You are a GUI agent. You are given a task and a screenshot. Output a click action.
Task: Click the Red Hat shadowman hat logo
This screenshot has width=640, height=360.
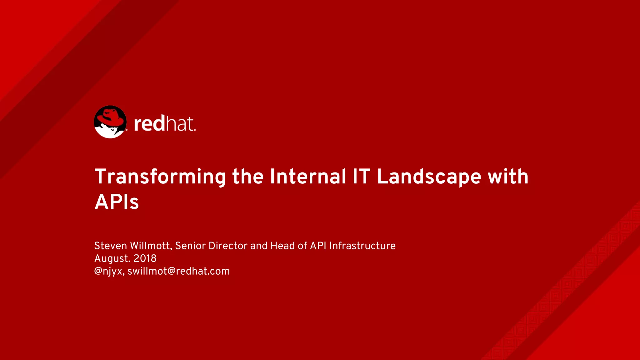pyautogui.click(x=110, y=122)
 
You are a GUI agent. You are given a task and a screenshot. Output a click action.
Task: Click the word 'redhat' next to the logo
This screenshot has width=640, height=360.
pyautogui.click(x=164, y=123)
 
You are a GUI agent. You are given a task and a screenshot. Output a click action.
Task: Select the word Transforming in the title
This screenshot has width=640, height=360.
pyautogui.click(x=160, y=177)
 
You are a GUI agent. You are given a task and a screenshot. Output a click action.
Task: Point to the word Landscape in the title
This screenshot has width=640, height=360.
pyautogui.click(x=429, y=177)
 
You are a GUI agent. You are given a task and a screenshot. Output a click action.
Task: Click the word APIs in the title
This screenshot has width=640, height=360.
pyautogui.click(x=117, y=202)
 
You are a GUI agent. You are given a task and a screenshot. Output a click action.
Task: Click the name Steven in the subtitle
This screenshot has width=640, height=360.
pyautogui.click(x=110, y=246)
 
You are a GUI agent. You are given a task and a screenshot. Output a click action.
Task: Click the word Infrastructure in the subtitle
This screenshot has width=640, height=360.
pyautogui.click(x=362, y=246)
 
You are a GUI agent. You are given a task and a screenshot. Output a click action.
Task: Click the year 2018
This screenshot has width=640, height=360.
pyautogui.click(x=145, y=258)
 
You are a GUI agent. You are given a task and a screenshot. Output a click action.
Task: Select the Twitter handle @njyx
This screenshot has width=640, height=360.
pyautogui.click(x=109, y=271)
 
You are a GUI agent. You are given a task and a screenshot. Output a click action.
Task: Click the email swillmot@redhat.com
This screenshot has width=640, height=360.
pyautogui.click(x=178, y=271)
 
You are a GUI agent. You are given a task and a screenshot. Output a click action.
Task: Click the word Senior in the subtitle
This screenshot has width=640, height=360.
pyautogui.click(x=190, y=246)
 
